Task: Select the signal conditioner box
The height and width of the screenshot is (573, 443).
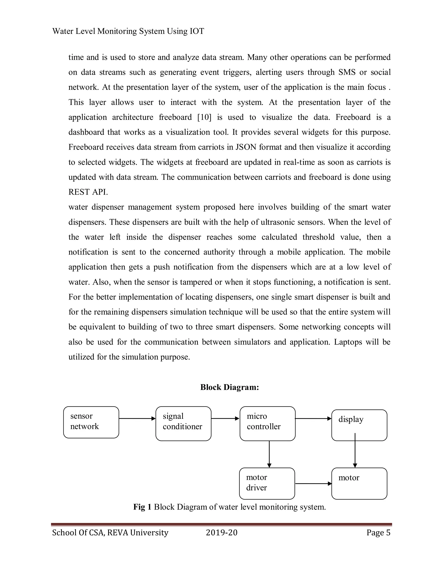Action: [183, 423]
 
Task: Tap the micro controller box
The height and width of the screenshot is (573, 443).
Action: [267, 423]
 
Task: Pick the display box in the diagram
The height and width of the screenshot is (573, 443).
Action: [359, 425]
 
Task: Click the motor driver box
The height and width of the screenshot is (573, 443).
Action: [267, 483]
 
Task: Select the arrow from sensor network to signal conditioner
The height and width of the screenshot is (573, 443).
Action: [137, 418]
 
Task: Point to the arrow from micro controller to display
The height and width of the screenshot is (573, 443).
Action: [313, 418]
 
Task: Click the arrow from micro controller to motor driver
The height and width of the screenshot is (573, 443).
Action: [269, 454]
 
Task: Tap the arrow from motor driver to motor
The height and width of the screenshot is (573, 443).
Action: [313, 483]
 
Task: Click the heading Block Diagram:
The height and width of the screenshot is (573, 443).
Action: [229, 387]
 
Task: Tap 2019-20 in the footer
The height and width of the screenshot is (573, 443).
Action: [221, 533]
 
